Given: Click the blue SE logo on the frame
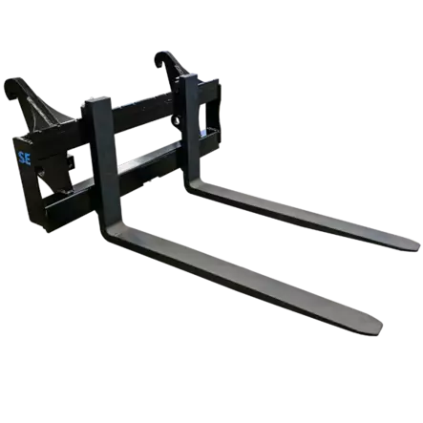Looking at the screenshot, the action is point(25,159).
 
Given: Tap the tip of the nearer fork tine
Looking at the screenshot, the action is point(381,327).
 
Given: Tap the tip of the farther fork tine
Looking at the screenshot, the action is point(418,245).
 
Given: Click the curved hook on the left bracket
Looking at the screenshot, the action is point(12,86).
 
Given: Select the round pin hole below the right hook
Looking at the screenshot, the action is point(176,120).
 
